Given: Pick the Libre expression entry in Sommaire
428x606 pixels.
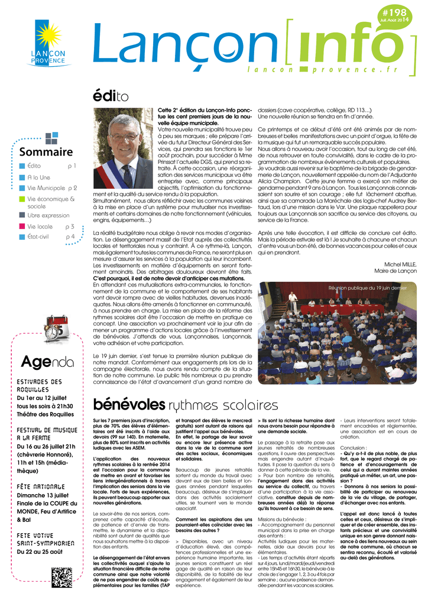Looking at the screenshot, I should [x=48, y=215].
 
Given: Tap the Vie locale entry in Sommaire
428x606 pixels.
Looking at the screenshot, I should [x=40, y=227].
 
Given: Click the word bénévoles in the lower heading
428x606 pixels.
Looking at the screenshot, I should [x=129, y=405].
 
